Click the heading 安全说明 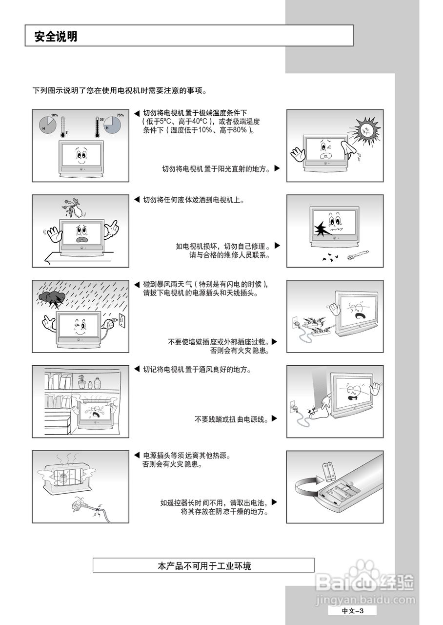(56, 37)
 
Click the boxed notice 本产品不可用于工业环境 (204, 566)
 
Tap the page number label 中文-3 (352, 611)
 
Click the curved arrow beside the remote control (306, 487)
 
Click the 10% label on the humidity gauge (54, 115)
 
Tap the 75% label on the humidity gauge (120, 115)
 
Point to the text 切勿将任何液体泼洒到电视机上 (193, 200)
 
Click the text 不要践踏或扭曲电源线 (231, 419)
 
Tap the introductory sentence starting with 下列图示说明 (120, 91)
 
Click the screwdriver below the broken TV (357, 255)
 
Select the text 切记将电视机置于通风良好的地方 (197, 370)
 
